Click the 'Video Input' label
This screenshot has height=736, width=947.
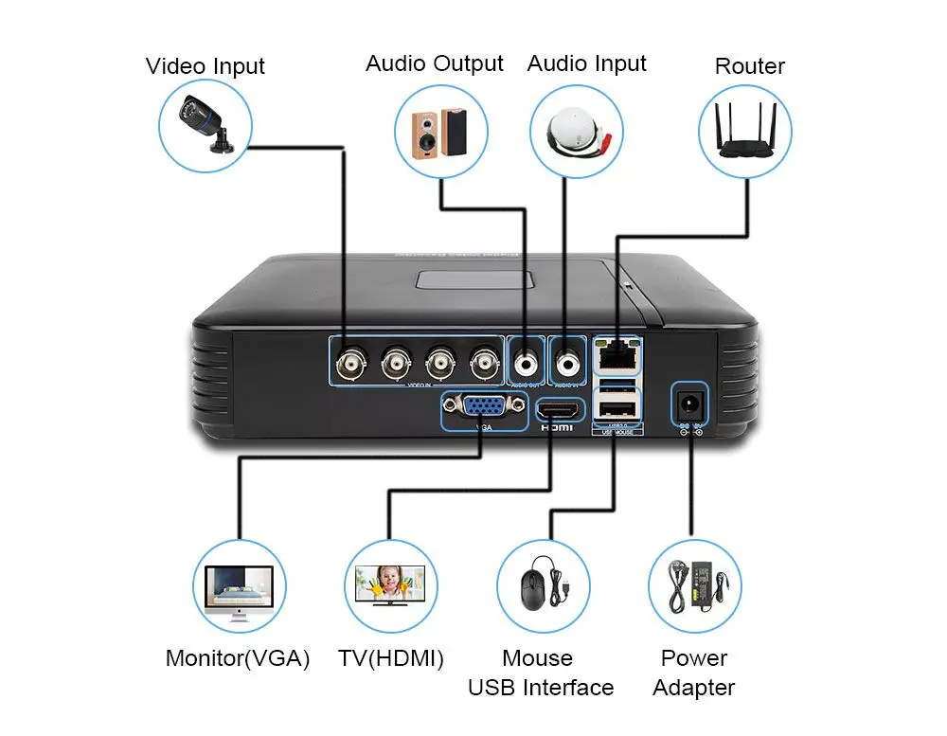pyautogui.click(x=205, y=66)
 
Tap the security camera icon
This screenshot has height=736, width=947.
pyautogui.click(x=205, y=127)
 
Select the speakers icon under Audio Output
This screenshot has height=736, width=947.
pyautogui.click(x=440, y=131)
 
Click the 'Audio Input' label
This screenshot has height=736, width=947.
pyautogui.click(x=586, y=63)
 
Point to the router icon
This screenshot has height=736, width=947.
pyautogui.click(x=744, y=131)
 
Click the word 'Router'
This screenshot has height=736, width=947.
pyautogui.click(x=749, y=66)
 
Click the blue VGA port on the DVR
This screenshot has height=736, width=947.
pyautogui.click(x=483, y=408)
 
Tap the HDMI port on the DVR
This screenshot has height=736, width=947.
pyautogui.click(x=557, y=409)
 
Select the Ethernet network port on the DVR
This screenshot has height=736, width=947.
pyautogui.click(x=616, y=356)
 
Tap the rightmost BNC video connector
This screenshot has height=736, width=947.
pyautogui.click(x=486, y=360)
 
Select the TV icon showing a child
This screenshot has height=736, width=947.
pyautogui.click(x=390, y=587)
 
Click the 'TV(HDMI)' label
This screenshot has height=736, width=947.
pyautogui.click(x=390, y=658)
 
